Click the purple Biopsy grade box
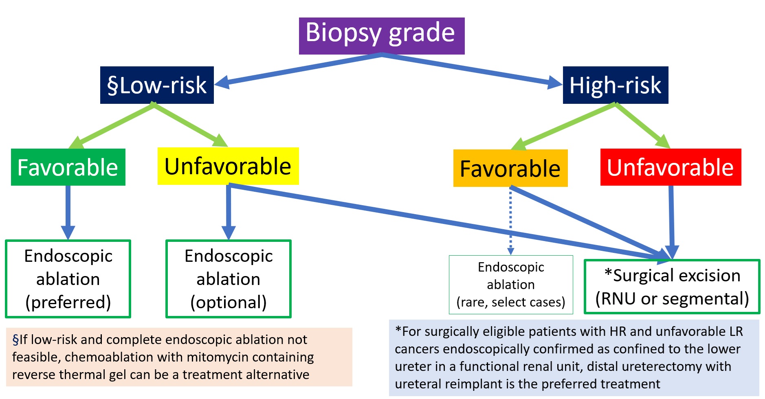pyautogui.click(x=382, y=36)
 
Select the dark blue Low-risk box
pyautogui.click(x=157, y=85)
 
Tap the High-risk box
pyautogui.click(x=616, y=85)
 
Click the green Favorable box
pyautogui.click(x=68, y=167)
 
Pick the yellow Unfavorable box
pyautogui.click(x=228, y=166)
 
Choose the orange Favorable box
pyautogui.click(x=510, y=168)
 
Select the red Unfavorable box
pyautogui.click(x=671, y=167)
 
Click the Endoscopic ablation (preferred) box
pyautogui.click(x=68, y=279)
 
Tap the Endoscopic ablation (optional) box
pyautogui.click(x=229, y=279)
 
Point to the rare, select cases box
pyautogui.click(x=511, y=285)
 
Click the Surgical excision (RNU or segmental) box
pyautogui.click(x=672, y=287)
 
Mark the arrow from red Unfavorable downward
pyautogui.click(x=671, y=222)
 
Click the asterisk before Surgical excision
pyautogui.click(x=608, y=273)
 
